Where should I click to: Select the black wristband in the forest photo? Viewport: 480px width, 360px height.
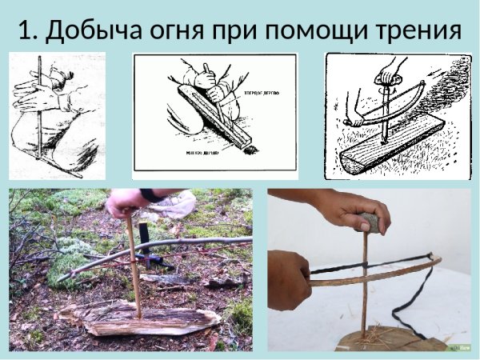[x=151, y=194]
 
